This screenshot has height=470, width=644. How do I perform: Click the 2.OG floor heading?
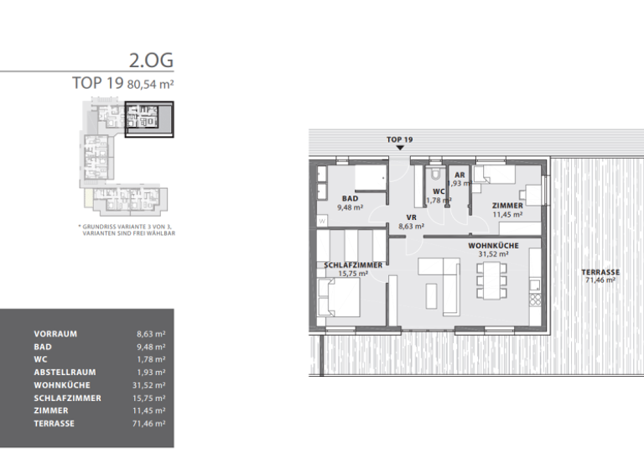coord(151,61)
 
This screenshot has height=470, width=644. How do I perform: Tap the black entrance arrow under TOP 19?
coord(400,148)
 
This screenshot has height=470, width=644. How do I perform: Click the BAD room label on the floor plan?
coord(350,198)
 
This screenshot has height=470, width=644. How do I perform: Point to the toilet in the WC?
coord(434,176)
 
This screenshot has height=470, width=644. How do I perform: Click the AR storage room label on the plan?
coord(460,175)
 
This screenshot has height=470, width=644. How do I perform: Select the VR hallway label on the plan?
coord(411,217)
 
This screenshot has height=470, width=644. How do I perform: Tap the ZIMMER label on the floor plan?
coord(507,205)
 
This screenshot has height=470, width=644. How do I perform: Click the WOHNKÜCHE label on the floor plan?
coord(493,245)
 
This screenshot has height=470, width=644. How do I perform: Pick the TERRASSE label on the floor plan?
coord(600,272)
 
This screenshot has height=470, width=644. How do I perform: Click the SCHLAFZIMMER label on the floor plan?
coord(353,264)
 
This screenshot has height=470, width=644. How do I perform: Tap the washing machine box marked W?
coord(321,221)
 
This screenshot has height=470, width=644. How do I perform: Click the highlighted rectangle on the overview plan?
coord(149,119)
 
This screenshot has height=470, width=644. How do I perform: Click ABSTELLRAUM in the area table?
coord(65,373)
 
